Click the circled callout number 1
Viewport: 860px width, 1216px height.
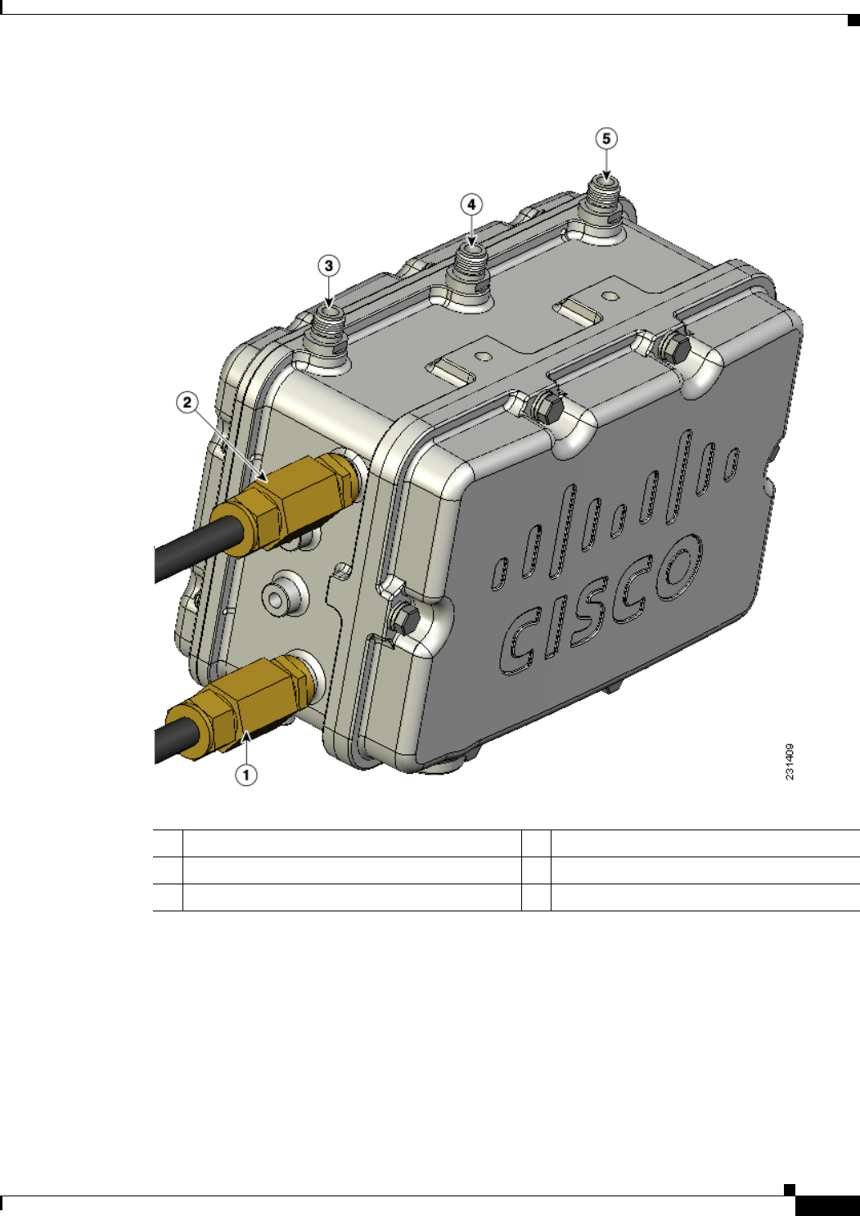[x=246, y=775]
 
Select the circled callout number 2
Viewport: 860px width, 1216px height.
[x=187, y=403]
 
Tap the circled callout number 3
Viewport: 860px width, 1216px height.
[x=328, y=266]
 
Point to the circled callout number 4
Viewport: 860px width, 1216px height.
[x=471, y=205]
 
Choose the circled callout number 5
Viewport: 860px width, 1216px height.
[x=606, y=138]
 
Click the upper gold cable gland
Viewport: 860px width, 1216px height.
[x=286, y=504]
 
